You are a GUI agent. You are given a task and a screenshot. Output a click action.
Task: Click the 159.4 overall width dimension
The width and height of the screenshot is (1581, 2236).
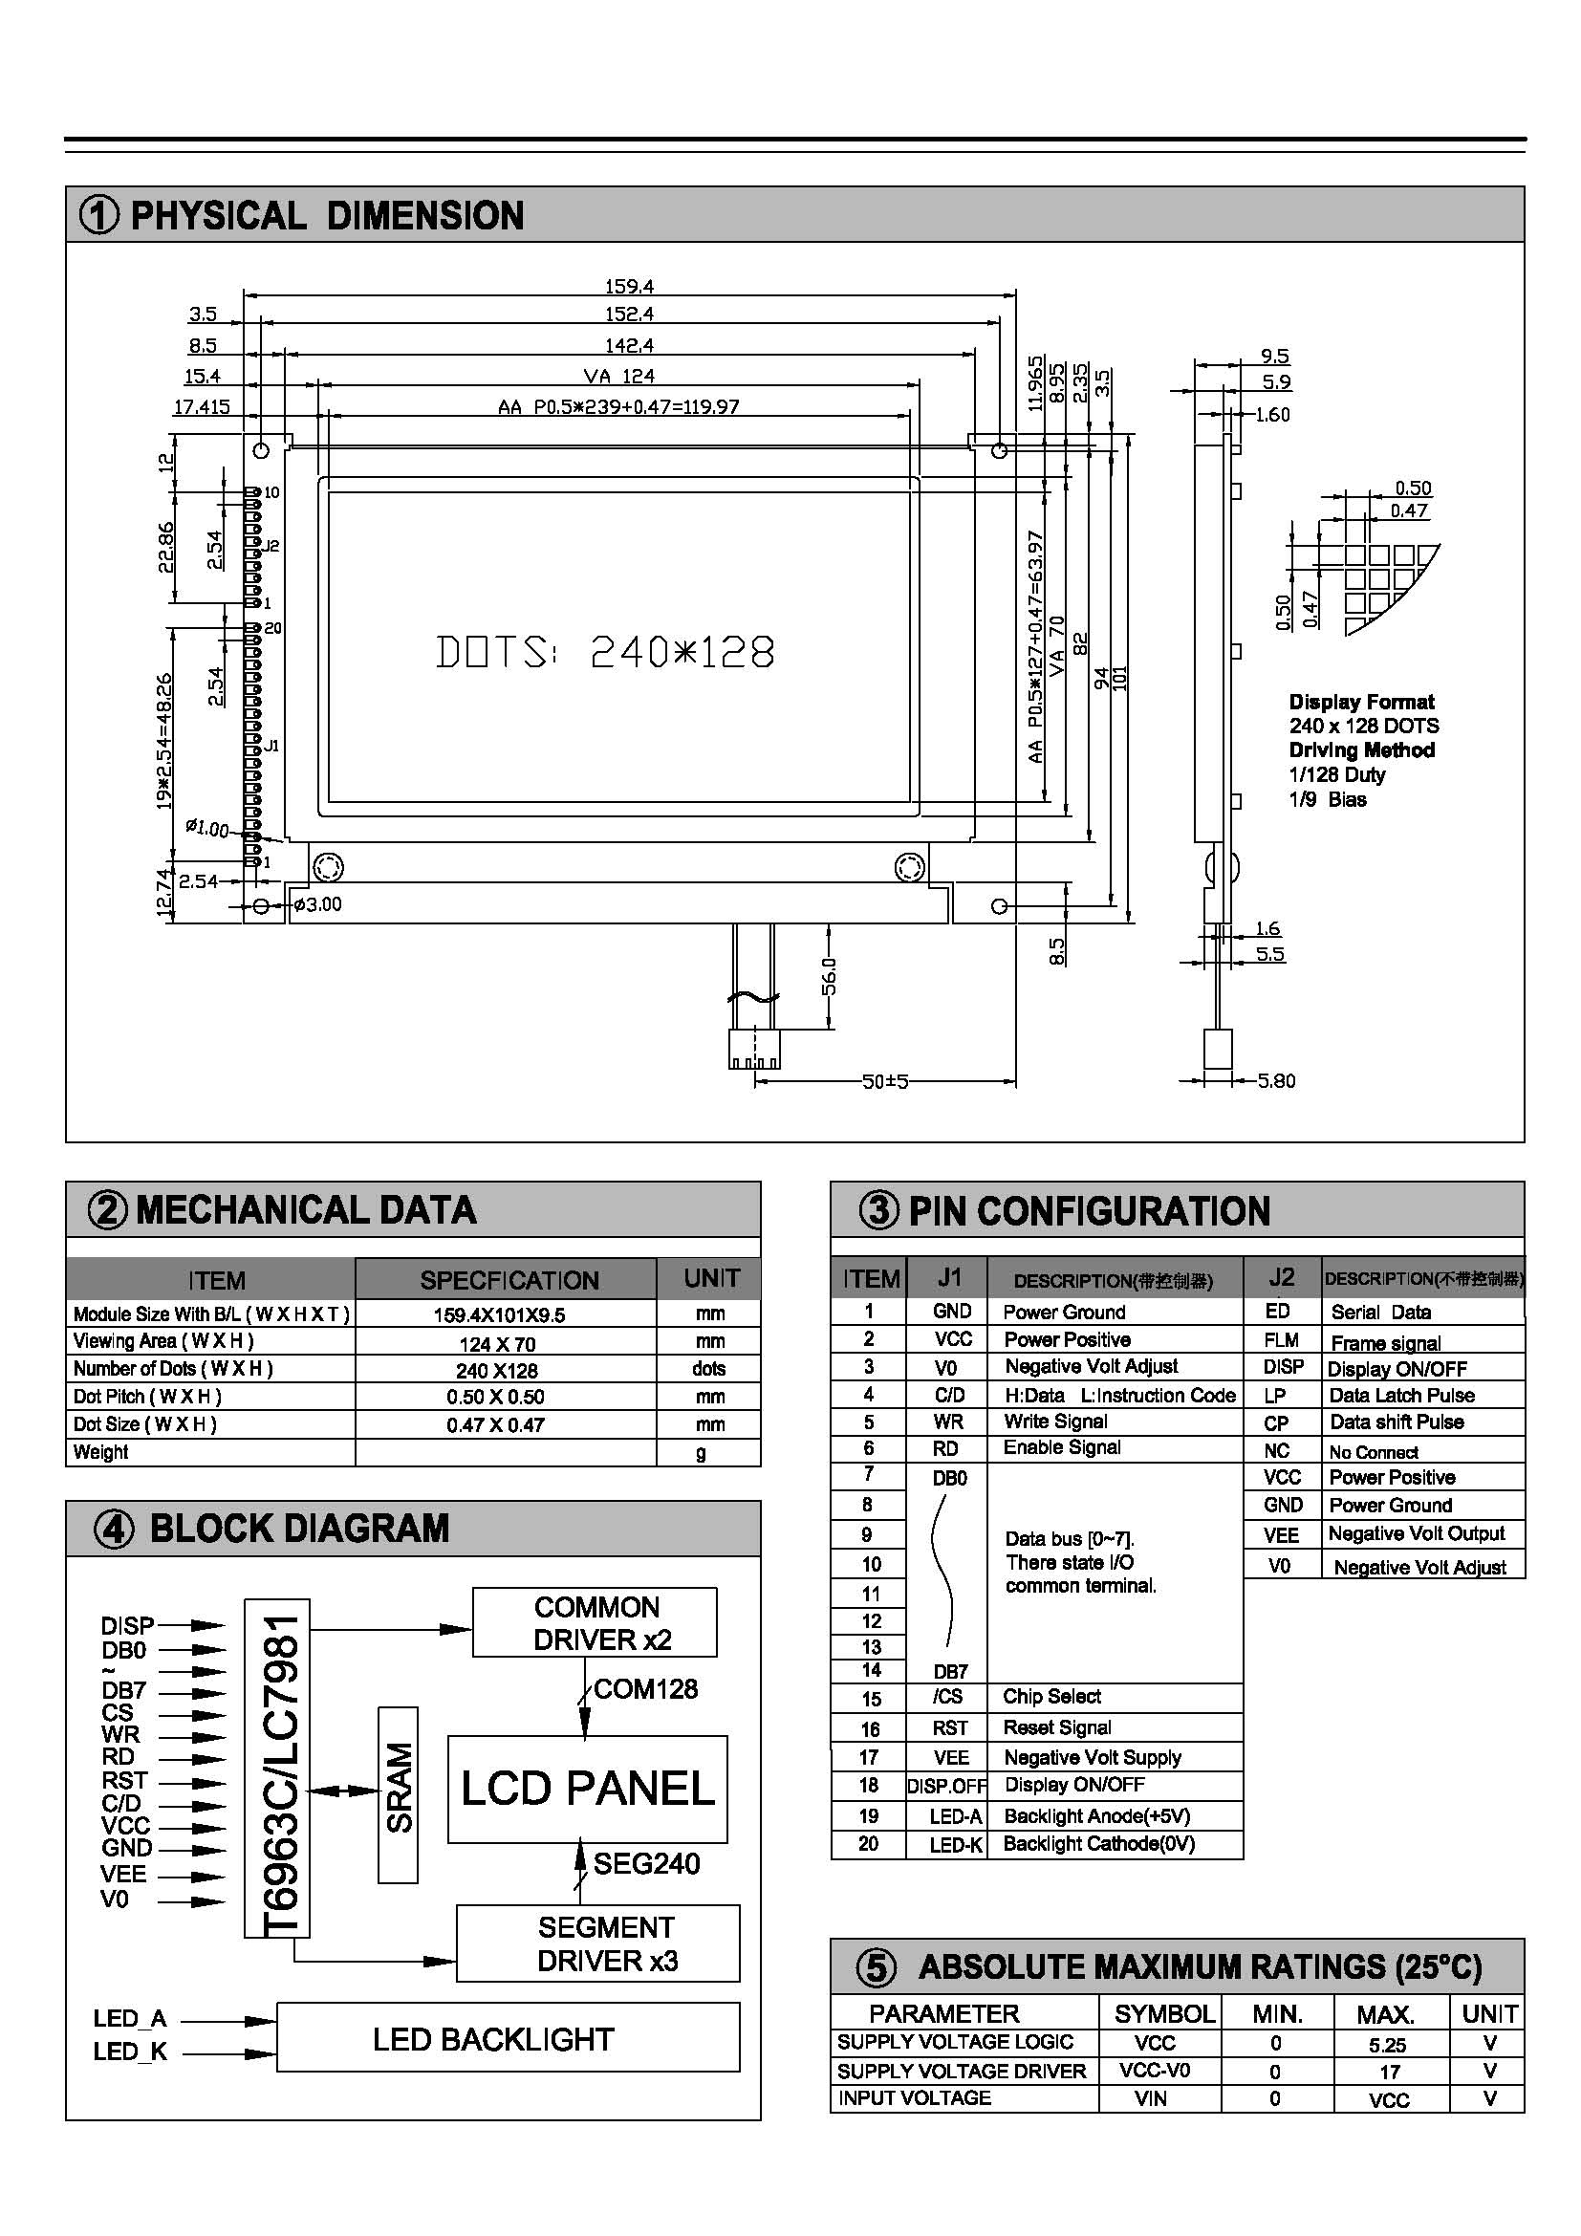click(629, 287)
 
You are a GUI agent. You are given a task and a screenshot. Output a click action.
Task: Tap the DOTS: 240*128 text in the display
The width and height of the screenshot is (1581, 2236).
click(604, 653)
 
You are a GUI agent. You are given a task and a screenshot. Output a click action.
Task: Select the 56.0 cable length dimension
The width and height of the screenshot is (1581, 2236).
click(829, 976)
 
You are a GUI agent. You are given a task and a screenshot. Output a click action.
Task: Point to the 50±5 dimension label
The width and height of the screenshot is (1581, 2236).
click(885, 1081)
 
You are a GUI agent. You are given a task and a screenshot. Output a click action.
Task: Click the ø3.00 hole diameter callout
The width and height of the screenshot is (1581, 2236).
click(317, 904)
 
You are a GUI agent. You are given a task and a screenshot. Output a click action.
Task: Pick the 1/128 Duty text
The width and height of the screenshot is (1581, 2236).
click(1336, 775)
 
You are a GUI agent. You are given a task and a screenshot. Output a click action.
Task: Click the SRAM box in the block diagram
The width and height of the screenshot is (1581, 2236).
click(398, 1787)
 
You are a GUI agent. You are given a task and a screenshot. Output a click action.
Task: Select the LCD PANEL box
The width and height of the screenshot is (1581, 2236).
click(587, 1789)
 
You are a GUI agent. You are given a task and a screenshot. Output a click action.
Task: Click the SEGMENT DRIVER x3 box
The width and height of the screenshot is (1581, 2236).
click(597, 1943)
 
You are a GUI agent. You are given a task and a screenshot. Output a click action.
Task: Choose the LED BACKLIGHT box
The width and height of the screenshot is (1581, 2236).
click(508, 2038)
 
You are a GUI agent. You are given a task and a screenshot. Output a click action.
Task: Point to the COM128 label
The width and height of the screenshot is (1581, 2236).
click(645, 1689)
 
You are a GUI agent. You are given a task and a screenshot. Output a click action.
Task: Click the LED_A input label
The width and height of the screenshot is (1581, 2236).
click(129, 2018)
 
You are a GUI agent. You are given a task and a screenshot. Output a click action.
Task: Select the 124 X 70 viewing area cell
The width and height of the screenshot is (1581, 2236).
click(495, 1344)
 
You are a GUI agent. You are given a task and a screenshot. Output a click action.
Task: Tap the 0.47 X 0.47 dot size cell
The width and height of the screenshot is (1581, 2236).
click(495, 1424)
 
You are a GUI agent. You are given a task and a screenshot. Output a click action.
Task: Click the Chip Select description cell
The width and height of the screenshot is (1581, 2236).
click(1051, 1697)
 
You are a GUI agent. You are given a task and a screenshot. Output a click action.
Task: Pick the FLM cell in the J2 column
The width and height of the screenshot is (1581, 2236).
click(1280, 1340)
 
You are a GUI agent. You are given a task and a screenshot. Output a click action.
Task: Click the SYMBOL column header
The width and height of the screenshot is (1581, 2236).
click(1163, 2013)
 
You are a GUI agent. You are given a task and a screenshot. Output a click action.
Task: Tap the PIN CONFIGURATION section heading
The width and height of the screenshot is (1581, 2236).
click(1089, 1211)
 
